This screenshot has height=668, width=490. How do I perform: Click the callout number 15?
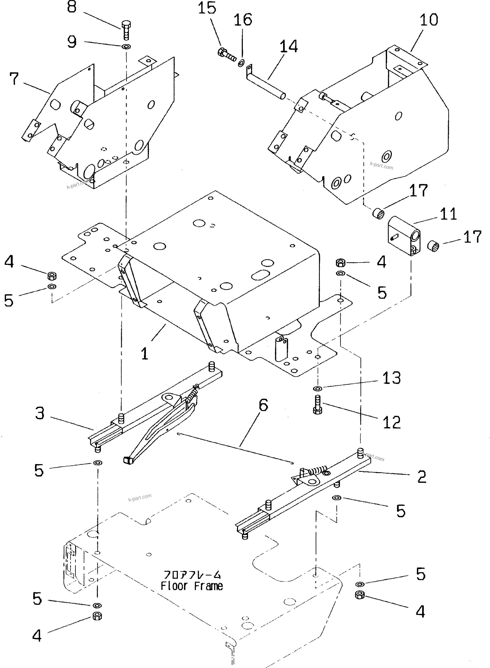[207, 8]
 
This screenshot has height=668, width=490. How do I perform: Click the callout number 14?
[288, 46]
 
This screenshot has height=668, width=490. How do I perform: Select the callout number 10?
[429, 20]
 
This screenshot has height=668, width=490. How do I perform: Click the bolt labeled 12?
[317, 405]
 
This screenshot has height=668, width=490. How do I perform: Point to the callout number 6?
[263, 405]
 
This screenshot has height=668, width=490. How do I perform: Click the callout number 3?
[40, 413]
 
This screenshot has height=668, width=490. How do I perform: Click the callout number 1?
[144, 353]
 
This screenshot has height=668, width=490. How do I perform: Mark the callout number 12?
[392, 422]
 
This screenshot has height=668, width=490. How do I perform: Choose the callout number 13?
[392, 378]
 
